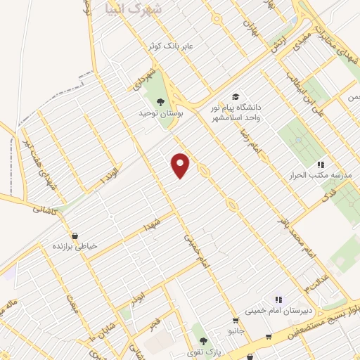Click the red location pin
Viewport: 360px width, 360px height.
(181, 164)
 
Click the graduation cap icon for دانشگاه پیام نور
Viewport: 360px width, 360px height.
(235, 97)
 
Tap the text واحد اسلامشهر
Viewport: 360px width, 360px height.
(236, 117)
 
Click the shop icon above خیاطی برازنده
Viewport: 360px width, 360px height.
(75, 236)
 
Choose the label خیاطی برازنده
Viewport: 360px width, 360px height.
(78, 247)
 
